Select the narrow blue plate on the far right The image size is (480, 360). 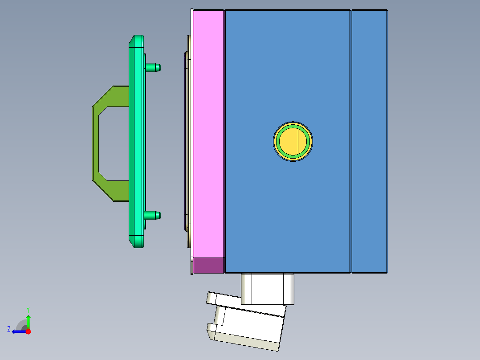pyautogui.click(x=369, y=141)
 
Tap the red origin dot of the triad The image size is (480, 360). pyautogui.click(x=28, y=331)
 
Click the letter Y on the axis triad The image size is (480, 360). pyautogui.click(x=28, y=309)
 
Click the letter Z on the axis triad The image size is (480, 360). pyautogui.click(x=9, y=329)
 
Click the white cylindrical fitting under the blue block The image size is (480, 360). pyautogui.click(x=267, y=289)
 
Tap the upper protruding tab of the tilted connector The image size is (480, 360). pyautogui.click(x=218, y=298)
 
